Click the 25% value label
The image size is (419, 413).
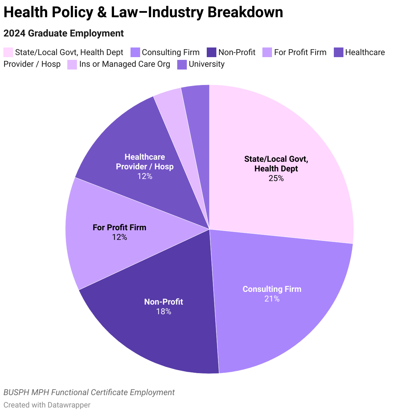click(276, 178)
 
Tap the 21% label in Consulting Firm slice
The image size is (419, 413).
click(272, 299)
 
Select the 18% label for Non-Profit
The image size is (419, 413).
click(163, 311)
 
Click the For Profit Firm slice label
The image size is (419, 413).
click(120, 227)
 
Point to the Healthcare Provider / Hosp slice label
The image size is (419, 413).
click(145, 162)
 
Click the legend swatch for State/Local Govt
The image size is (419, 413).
click(8, 52)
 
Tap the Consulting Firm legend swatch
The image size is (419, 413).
click(135, 52)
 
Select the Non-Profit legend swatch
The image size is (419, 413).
click(212, 52)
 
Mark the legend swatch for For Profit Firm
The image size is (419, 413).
click(267, 52)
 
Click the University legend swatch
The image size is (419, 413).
click(182, 64)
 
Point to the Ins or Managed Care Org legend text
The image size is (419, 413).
click(124, 64)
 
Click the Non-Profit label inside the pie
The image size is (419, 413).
click(163, 302)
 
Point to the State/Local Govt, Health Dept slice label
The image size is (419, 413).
click(276, 164)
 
